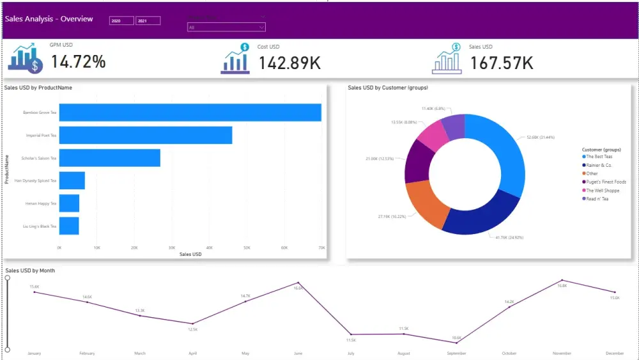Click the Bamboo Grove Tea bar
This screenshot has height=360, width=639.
pyautogui.click(x=190, y=113)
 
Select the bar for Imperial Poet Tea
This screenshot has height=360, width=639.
pyautogui.click(x=146, y=136)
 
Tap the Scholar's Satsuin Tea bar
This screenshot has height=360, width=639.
pyautogui.click(x=110, y=158)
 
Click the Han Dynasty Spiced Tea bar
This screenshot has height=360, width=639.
pyautogui.click(x=72, y=181)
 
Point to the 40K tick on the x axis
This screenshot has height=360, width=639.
pyautogui.click(x=209, y=247)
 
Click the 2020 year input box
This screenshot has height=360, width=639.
pyautogui.click(x=121, y=21)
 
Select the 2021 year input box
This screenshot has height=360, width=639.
pyautogui.click(x=148, y=21)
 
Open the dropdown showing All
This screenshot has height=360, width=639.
pyautogui.click(x=226, y=27)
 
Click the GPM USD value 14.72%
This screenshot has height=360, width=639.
pyautogui.click(x=78, y=62)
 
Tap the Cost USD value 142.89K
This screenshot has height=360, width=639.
pyautogui.click(x=289, y=63)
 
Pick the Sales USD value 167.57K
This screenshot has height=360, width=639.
pyautogui.click(x=502, y=63)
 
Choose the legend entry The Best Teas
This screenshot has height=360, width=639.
pyautogui.click(x=599, y=157)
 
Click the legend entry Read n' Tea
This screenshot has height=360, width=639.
pyautogui.click(x=597, y=199)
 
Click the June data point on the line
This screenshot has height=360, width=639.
pyautogui.click(x=298, y=283)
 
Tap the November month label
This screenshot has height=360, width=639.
pyautogui.click(x=562, y=353)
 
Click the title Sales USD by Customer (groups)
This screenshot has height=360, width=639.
pyautogui.click(x=388, y=88)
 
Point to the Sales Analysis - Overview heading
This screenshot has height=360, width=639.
pyautogui.click(x=49, y=19)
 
